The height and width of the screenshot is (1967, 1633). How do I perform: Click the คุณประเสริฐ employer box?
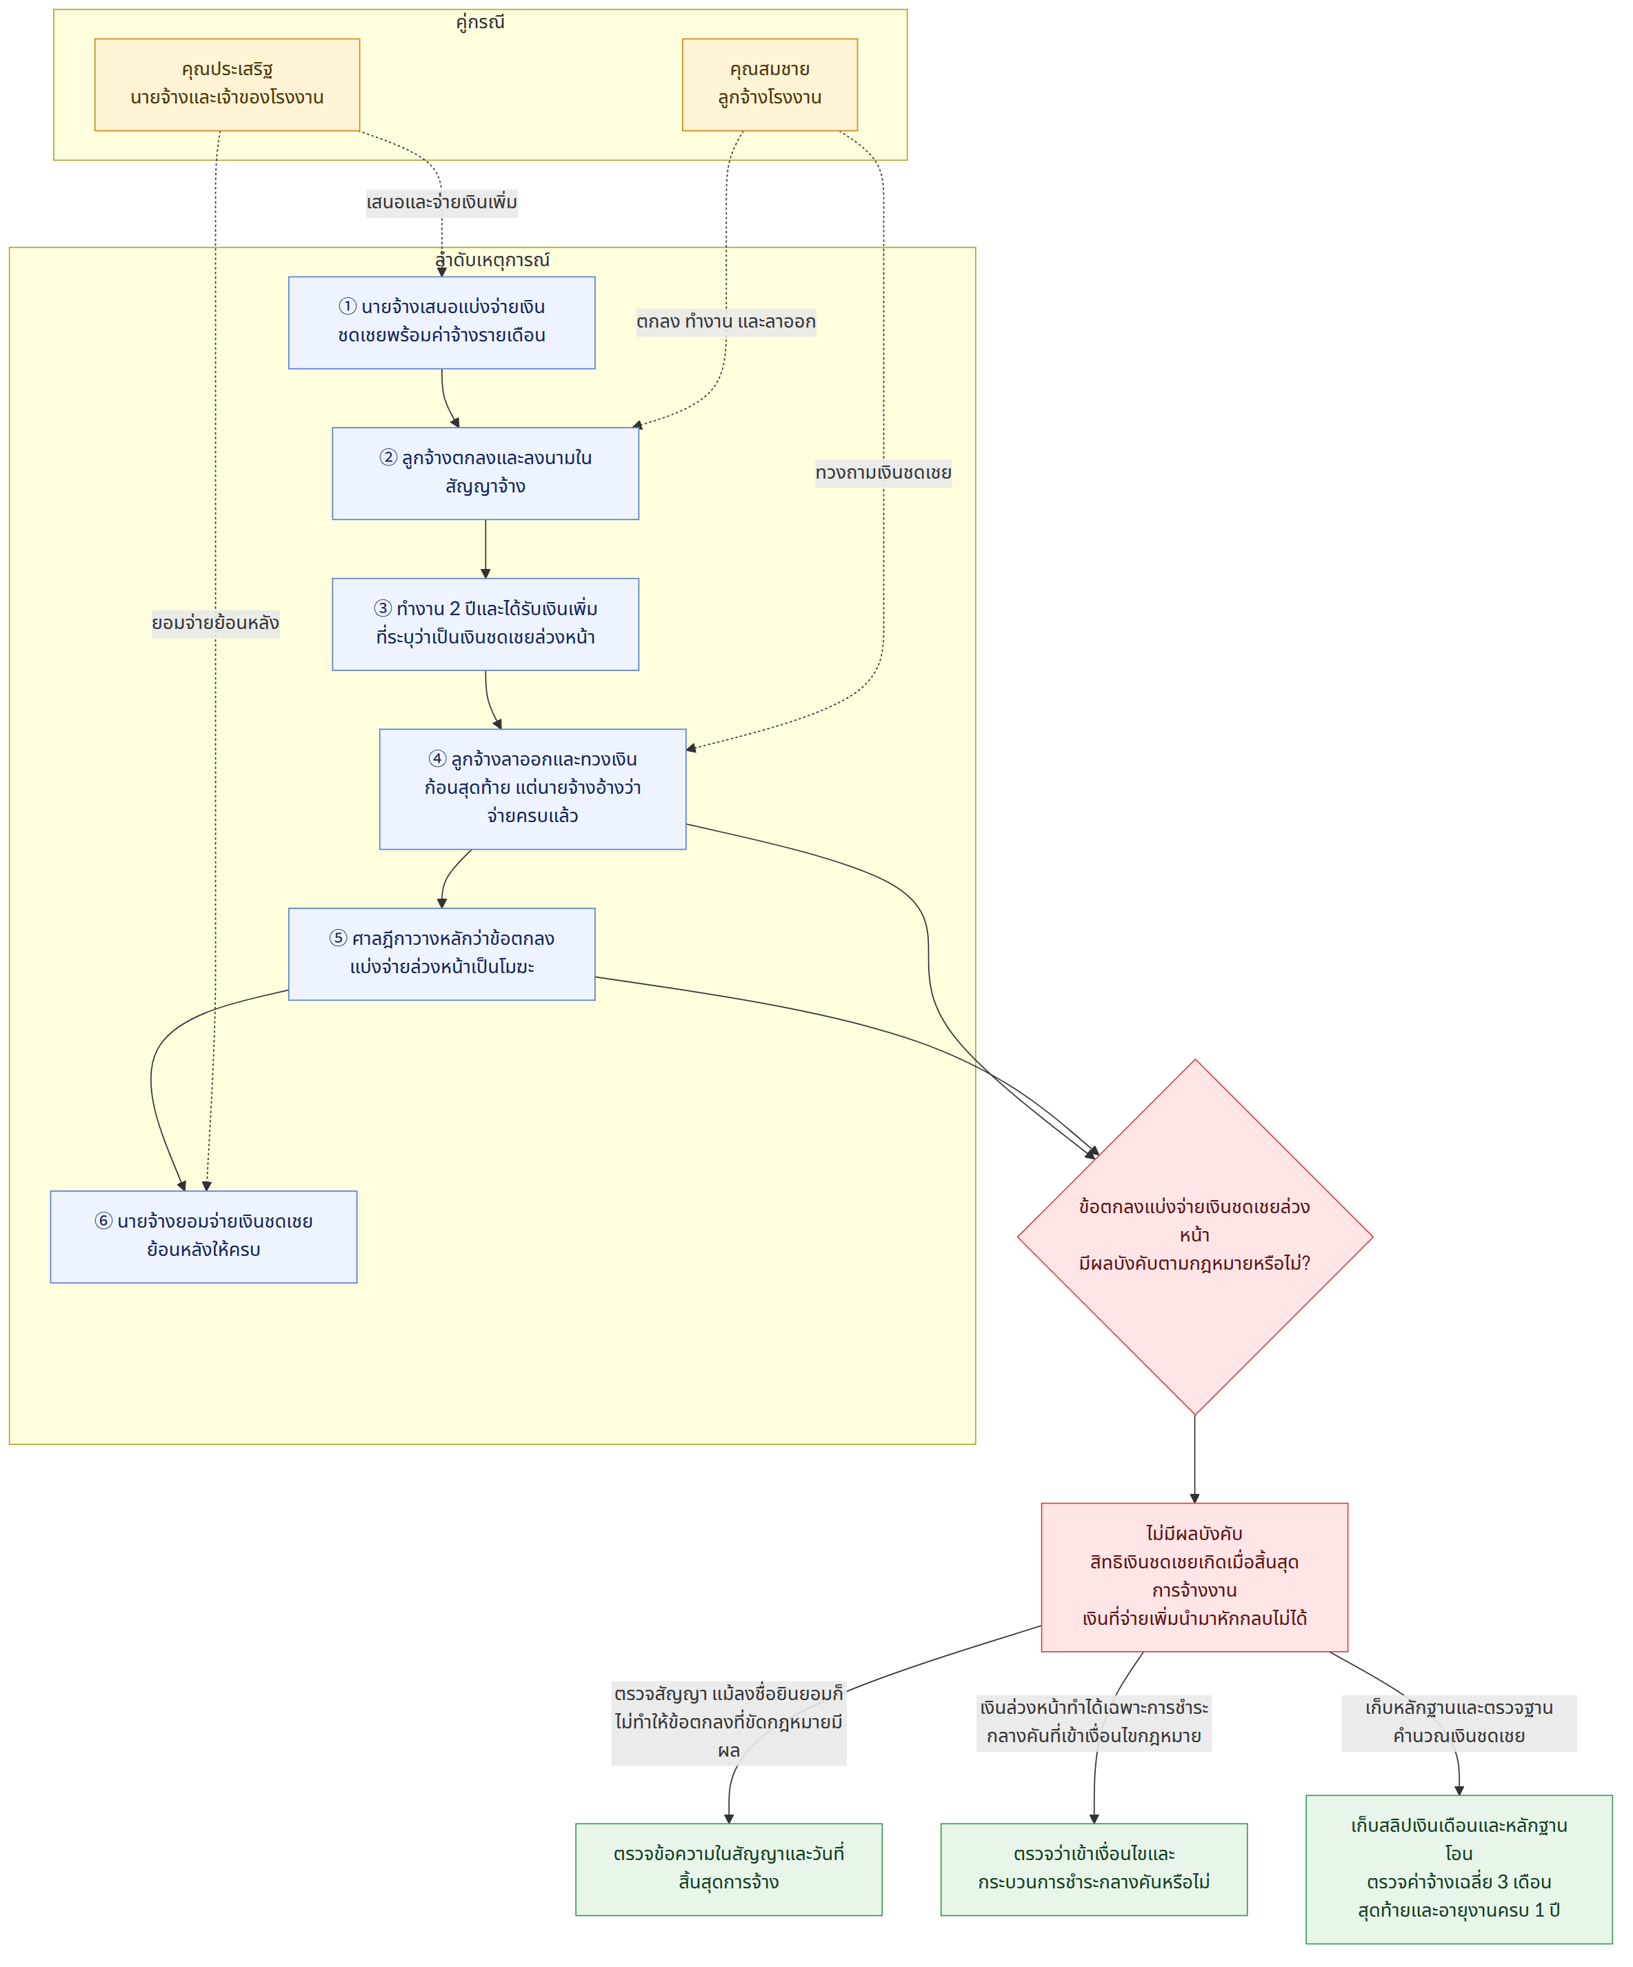[x=227, y=84]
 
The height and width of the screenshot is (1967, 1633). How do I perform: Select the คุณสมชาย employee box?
[x=770, y=84]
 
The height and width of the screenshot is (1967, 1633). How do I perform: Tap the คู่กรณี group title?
[x=481, y=21]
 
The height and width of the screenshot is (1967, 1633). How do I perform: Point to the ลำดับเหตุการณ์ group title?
[x=492, y=259]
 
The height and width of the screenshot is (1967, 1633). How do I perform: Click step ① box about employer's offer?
[x=441, y=322]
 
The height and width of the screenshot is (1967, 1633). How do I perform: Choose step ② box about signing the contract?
[x=485, y=473]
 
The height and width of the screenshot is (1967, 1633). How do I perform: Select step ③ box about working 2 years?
[x=485, y=623]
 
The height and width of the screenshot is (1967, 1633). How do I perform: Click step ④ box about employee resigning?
[x=533, y=789]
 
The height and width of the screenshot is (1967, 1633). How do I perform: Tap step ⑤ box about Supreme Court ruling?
[x=441, y=954]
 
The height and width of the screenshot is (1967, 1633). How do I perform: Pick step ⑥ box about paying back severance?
[x=203, y=1237]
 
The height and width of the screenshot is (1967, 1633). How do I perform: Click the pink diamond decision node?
[x=1195, y=1237]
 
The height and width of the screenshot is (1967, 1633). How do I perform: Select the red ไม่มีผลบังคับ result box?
[x=1195, y=1577]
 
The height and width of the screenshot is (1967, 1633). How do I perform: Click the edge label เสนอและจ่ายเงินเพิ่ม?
[x=442, y=202]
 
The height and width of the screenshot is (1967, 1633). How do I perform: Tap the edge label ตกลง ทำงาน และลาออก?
[x=725, y=322]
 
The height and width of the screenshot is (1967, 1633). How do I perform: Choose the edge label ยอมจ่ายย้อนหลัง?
[x=215, y=623]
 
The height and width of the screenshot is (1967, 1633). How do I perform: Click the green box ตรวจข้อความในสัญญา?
[x=728, y=1868]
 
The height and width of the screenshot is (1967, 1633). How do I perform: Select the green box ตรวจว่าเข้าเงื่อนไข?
[x=1094, y=1868]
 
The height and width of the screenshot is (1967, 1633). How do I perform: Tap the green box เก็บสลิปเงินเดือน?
[x=1459, y=1868]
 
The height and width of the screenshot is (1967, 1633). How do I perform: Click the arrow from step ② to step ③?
[x=485, y=549]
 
